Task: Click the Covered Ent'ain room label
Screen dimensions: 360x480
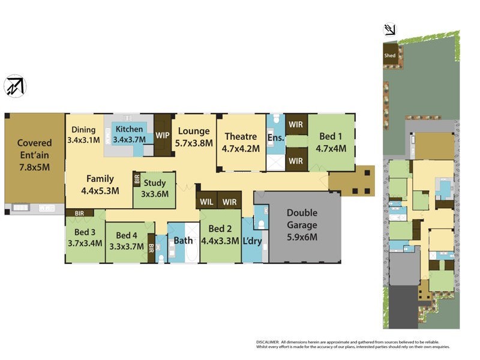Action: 34,150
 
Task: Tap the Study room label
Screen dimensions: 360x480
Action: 154,188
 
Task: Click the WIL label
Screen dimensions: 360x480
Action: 206,202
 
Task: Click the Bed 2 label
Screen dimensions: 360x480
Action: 220,235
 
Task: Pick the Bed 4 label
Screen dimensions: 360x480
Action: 127,241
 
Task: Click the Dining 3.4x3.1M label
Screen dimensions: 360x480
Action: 83,135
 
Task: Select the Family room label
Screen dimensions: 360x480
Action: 100,184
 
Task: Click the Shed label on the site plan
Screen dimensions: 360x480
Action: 390,56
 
